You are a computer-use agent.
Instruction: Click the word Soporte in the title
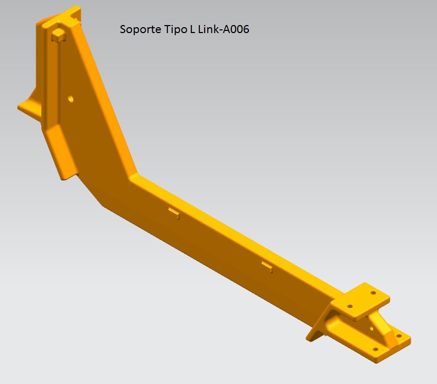click(x=140, y=29)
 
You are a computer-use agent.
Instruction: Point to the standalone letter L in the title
click(x=192, y=29)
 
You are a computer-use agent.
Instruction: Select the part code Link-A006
click(x=223, y=29)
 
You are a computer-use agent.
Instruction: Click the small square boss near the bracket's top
click(x=58, y=35)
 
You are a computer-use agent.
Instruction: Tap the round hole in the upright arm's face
click(x=70, y=99)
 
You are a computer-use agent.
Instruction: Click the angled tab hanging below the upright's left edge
click(x=61, y=152)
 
